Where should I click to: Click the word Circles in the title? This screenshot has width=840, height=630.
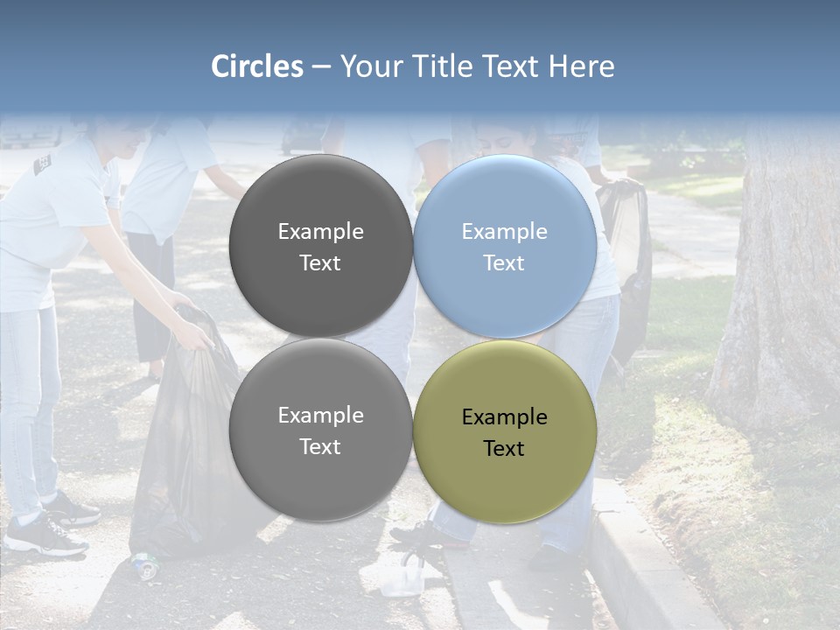[257, 66]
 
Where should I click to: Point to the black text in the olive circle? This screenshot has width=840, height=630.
[504, 432]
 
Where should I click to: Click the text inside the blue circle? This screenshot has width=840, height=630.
[504, 247]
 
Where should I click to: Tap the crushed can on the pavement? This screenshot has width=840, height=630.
[144, 565]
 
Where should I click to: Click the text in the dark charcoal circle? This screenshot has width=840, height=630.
[320, 247]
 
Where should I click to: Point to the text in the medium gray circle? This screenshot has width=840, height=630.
[320, 430]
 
